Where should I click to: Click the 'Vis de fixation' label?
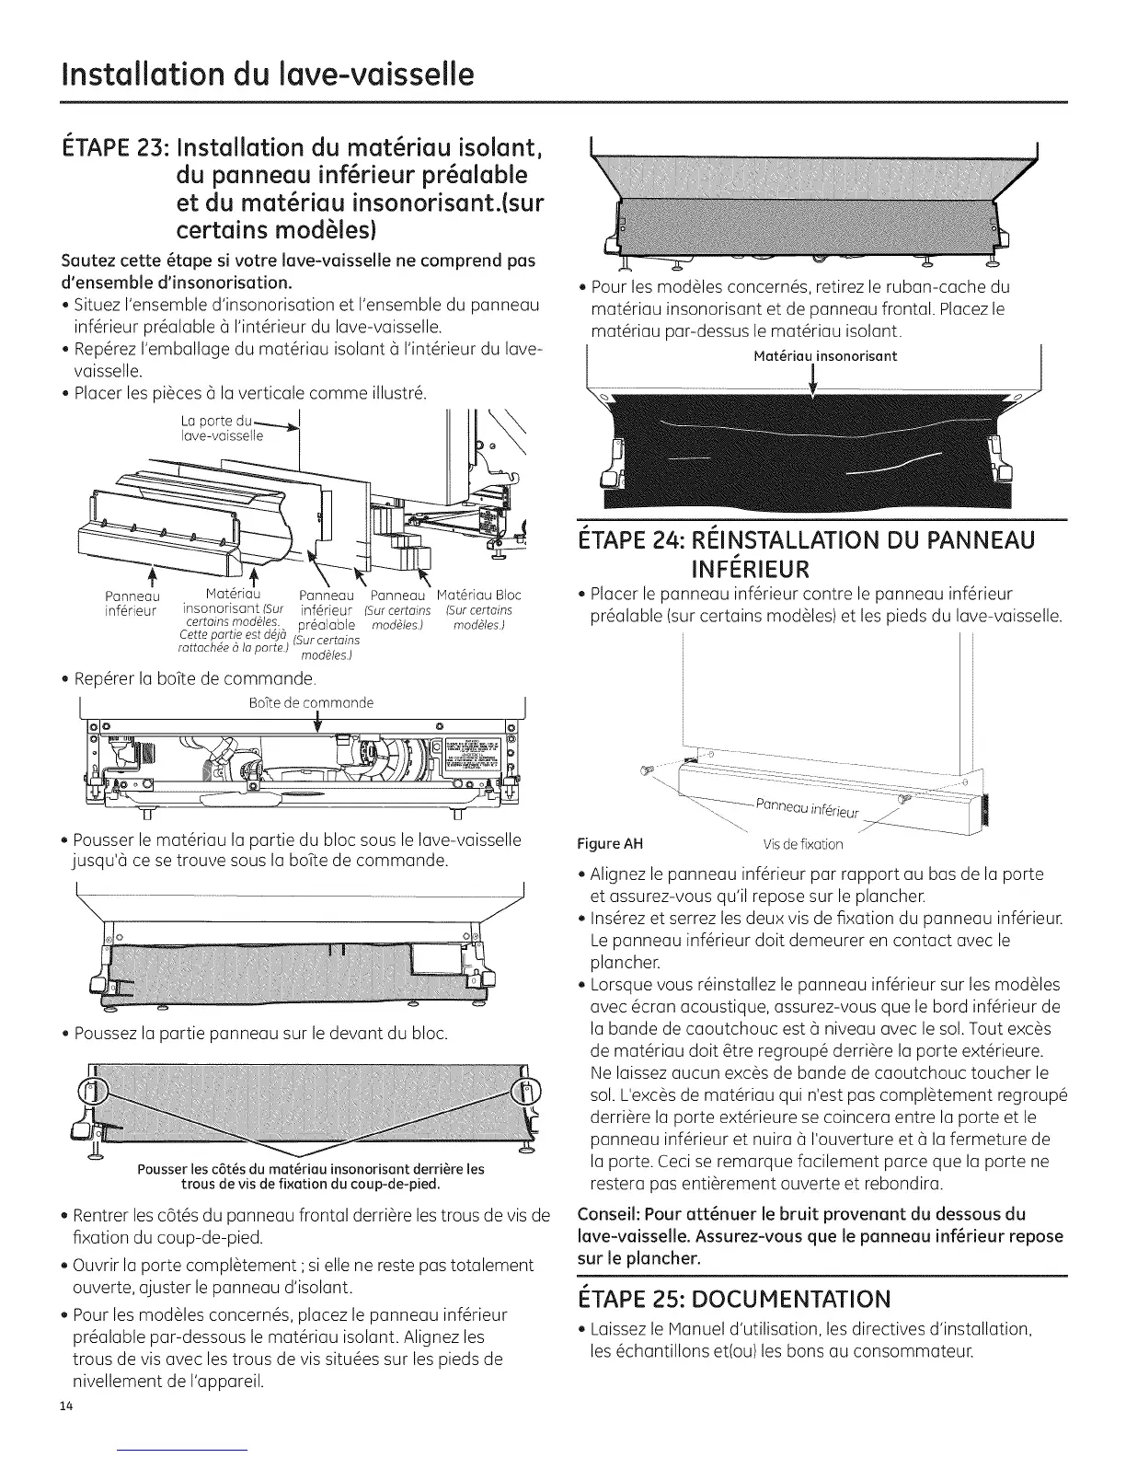tap(802, 844)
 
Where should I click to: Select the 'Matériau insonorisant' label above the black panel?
tap(824, 356)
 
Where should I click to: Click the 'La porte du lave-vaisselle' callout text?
tap(221, 428)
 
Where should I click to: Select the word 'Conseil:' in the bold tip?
tap(604, 1213)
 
